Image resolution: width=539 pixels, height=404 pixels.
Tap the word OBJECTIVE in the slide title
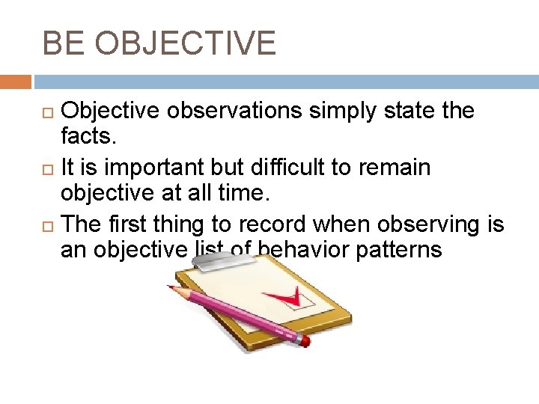pos(185,43)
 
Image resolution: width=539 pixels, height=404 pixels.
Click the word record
pos(272,224)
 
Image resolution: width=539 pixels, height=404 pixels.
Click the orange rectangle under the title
pos(16,82)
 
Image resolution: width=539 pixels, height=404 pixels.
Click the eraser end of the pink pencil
pos(304,340)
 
